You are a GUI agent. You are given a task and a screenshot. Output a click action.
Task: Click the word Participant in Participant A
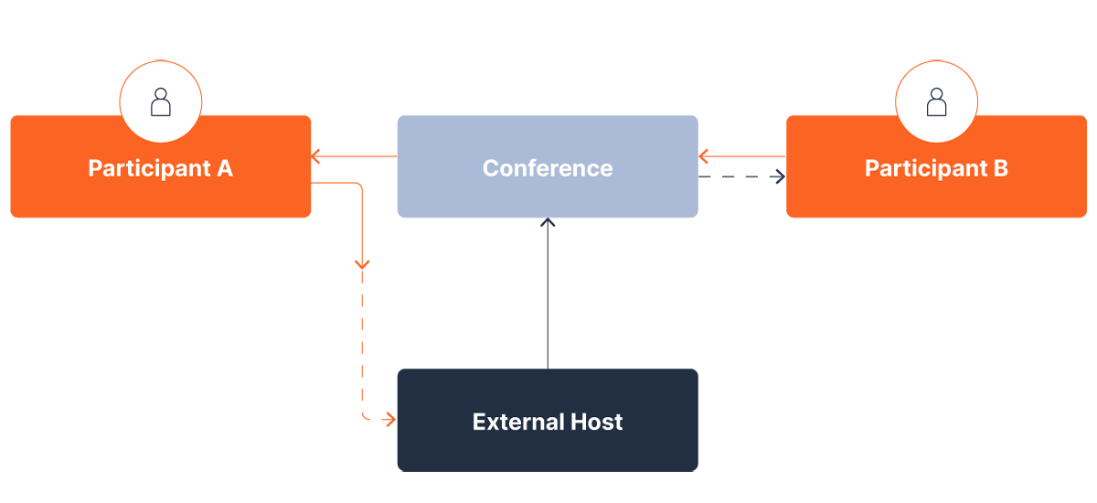(150, 169)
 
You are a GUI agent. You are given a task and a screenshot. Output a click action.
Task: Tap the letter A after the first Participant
(224, 169)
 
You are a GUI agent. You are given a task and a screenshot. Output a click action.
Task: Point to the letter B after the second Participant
(1000, 169)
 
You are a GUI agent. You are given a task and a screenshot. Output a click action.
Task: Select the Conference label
(548, 168)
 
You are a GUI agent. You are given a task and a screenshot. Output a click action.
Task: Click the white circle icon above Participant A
(161, 102)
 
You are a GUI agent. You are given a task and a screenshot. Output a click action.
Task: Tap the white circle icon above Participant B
(936, 102)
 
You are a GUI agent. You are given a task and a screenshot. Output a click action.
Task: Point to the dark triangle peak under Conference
(547, 227)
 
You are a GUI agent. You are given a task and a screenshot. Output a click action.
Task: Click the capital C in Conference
(490, 168)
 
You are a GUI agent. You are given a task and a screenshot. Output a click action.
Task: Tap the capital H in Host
(580, 422)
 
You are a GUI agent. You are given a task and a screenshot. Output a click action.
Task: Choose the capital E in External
(479, 422)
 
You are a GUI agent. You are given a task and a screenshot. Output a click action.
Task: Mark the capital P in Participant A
(94, 169)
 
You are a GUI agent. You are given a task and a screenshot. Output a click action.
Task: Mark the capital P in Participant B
(871, 169)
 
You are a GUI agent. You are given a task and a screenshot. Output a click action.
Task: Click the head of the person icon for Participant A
(161, 93)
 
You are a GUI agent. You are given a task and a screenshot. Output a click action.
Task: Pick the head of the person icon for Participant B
(936, 93)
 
